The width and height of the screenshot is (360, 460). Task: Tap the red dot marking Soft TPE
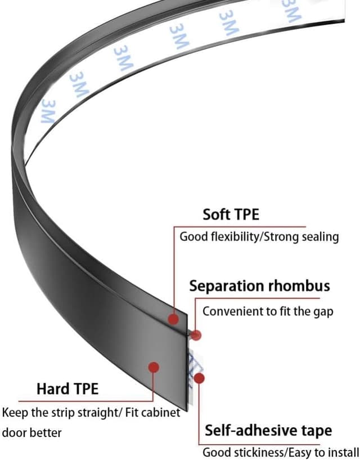click(174, 319)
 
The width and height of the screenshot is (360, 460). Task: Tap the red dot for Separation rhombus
click(196, 336)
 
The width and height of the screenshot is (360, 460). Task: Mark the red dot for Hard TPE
click(154, 367)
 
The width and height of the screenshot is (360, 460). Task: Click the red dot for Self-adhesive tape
click(199, 378)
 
